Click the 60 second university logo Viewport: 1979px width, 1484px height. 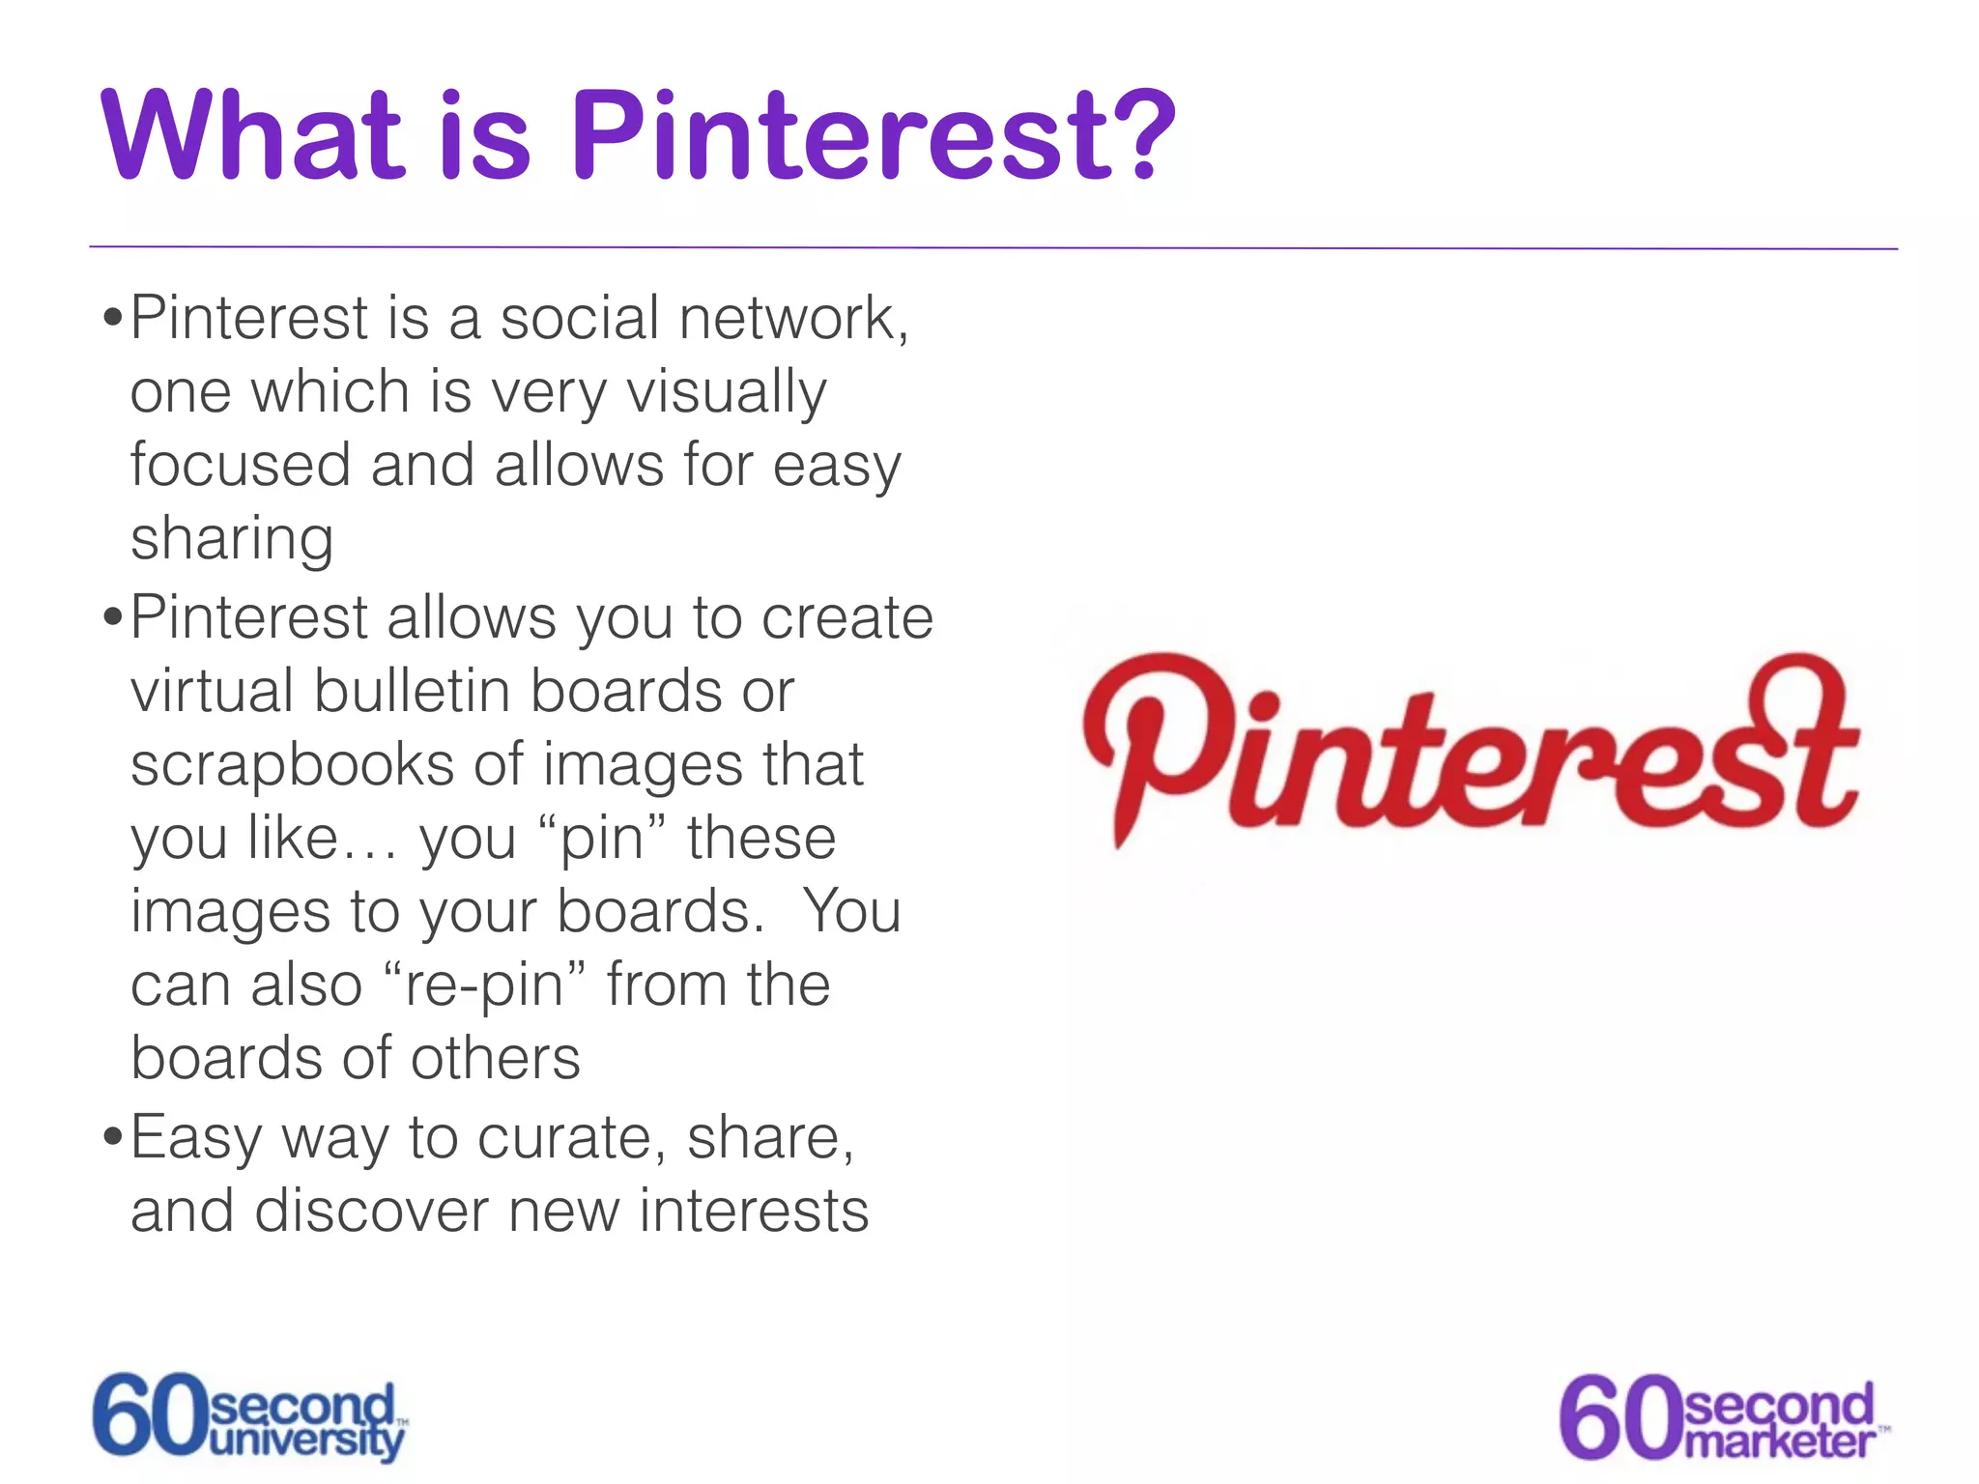pos(249,1416)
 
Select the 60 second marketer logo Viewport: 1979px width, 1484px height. pos(1722,1416)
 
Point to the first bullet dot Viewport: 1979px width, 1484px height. pos(113,319)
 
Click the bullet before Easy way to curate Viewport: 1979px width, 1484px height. pos(113,1138)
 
